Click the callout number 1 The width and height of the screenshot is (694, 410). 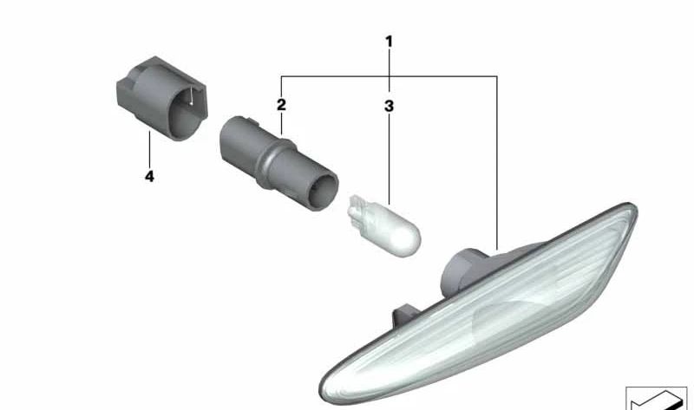[389, 42]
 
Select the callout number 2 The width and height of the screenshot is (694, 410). [281, 105]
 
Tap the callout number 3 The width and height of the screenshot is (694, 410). [389, 106]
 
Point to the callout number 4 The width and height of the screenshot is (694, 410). [149, 177]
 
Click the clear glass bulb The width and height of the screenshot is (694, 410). [384, 225]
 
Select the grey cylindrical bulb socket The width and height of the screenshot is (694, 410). [278, 163]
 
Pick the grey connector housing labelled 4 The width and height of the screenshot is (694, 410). [162, 98]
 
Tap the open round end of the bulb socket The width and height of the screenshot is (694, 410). [323, 192]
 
